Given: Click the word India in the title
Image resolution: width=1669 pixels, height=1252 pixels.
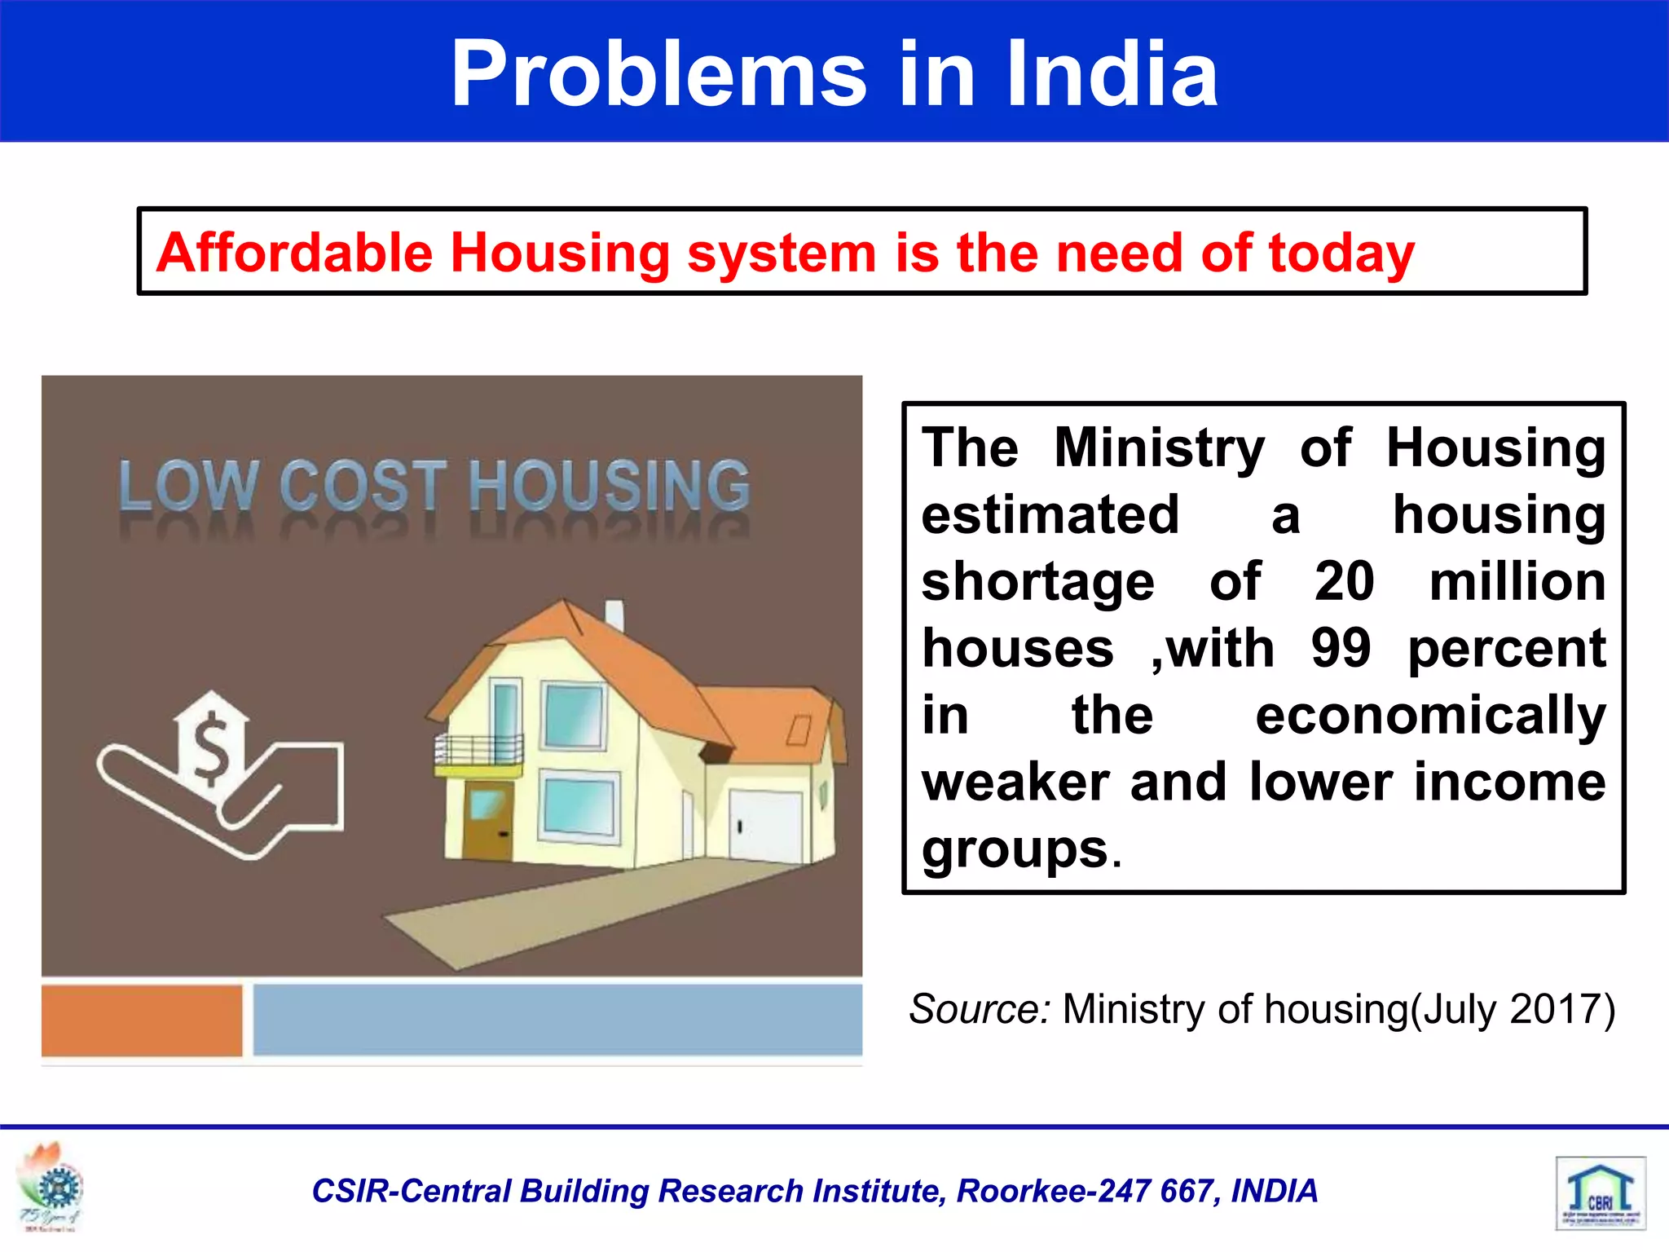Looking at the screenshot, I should (1112, 75).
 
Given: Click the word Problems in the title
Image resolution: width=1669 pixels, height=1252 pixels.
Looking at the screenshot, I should (658, 75).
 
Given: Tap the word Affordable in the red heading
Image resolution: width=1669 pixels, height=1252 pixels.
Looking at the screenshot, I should (293, 253).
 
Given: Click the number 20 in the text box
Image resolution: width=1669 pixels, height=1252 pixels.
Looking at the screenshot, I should (1344, 582).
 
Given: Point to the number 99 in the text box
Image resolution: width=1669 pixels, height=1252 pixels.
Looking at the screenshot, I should (1341, 649).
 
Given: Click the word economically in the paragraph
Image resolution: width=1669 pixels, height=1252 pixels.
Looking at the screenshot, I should (1430, 716).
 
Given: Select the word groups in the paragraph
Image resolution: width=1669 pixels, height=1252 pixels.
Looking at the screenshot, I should (1015, 850).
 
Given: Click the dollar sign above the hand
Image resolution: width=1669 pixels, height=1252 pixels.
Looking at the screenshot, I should (211, 747).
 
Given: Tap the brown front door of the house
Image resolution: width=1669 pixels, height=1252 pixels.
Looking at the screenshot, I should (487, 819).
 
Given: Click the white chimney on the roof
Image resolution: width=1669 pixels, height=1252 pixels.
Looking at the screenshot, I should (614, 616).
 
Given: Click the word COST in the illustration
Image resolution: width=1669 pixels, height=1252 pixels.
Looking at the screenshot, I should (363, 487).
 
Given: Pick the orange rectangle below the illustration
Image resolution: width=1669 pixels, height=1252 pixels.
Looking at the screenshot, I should (142, 1020).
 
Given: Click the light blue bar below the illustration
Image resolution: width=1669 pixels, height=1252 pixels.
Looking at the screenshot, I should (557, 1020).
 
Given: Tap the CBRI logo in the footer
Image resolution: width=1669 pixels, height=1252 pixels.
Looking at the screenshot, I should (1601, 1192).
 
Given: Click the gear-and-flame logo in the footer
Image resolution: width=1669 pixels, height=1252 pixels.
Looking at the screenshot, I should (51, 1186).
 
